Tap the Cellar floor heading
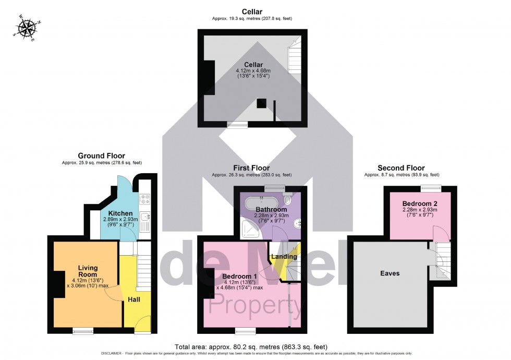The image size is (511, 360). coord(252,11)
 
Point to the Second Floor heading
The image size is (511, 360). coord(401,168)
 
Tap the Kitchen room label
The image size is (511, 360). coord(120,213)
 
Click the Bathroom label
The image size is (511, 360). coord(271,209)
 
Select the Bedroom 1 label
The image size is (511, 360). coord(239,276)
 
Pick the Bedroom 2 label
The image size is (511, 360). coord(419,203)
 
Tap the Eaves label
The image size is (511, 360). coord(390,273)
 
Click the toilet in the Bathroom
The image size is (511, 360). coord(289,200)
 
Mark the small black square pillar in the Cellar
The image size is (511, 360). coord(261,103)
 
